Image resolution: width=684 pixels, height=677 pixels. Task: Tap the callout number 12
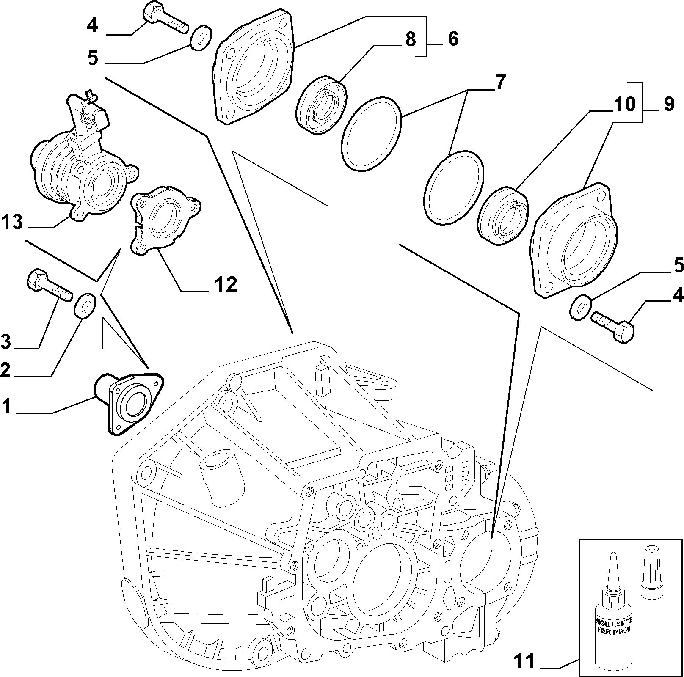pos(225,284)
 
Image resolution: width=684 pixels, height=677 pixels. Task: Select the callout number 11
pos(525,660)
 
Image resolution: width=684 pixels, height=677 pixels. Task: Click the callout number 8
pos(410,39)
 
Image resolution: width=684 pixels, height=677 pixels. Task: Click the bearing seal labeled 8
pos(321,105)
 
